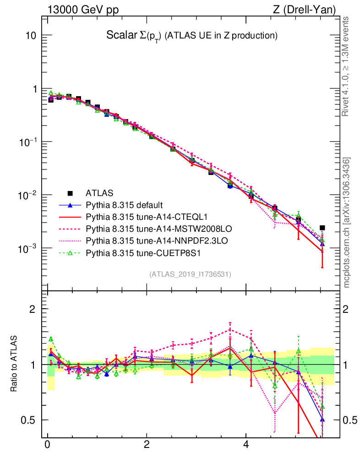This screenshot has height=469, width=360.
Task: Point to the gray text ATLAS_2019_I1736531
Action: [x=190, y=274]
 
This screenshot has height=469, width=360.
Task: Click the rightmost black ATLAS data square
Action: [x=322, y=228]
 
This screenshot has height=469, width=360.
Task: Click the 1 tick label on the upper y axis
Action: [x=34, y=89]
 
